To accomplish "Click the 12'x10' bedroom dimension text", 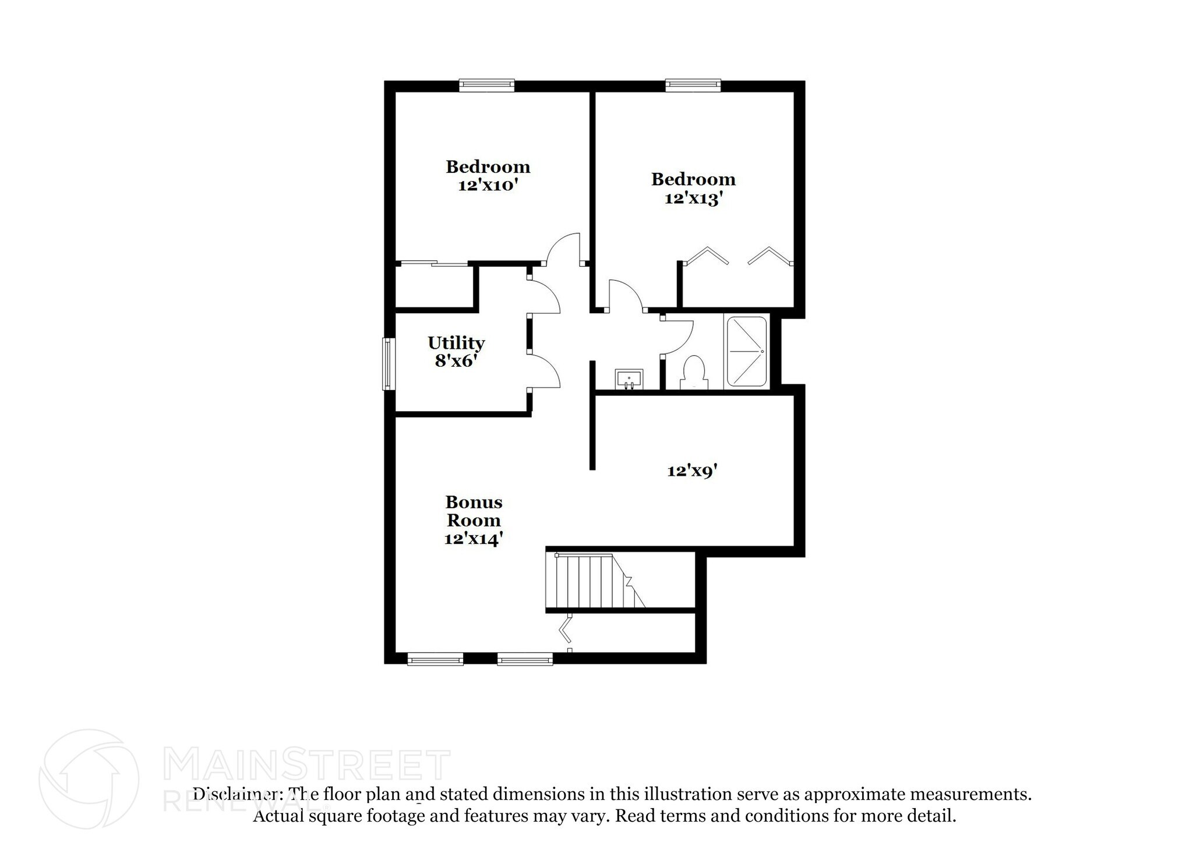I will [488, 186].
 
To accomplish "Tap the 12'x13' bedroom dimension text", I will [693, 199].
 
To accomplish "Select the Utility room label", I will [456, 342].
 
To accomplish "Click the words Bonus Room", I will [473, 511].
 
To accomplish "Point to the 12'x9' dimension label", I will [691, 471].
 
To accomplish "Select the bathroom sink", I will [629, 378].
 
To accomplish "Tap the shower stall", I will [746, 352].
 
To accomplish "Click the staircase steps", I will [588, 581].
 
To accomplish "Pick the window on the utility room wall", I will [387, 364].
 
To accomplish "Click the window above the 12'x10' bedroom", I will [486, 86].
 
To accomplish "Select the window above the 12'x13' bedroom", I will [693, 86].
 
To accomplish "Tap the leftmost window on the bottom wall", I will [435, 660].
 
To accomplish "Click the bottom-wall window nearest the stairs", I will [525, 660].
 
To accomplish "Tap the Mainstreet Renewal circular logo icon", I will [89, 778].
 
